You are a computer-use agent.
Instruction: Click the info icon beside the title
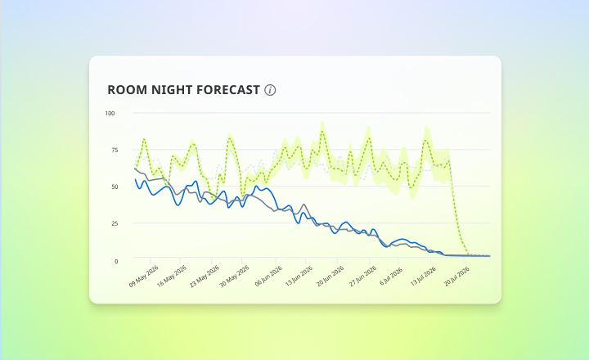coord(270,90)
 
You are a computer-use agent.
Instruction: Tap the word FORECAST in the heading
coord(228,90)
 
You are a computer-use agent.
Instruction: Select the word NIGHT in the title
coord(172,90)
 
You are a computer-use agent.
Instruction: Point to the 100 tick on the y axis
coord(110,113)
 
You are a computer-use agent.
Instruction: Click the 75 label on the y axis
coord(115,150)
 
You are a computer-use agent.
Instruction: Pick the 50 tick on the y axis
coord(115,187)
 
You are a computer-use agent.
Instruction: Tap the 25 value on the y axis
coord(115,223)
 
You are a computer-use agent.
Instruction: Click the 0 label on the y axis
coord(116,261)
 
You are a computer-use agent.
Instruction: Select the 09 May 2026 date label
coord(144,277)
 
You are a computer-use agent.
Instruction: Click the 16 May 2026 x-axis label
coord(172,277)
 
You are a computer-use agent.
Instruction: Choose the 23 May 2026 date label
coord(205,277)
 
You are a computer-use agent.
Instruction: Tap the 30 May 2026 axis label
coord(235,277)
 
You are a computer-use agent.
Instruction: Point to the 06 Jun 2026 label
coord(268,277)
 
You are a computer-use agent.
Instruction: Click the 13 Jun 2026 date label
coord(299,277)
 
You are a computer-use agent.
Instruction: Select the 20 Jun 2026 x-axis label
coord(330,277)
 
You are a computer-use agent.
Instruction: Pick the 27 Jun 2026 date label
coord(363,277)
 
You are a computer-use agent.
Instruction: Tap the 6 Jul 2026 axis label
coord(391,277)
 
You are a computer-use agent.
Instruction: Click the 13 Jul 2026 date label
coord(423,277)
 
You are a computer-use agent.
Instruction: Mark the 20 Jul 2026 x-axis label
coord(456,277)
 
